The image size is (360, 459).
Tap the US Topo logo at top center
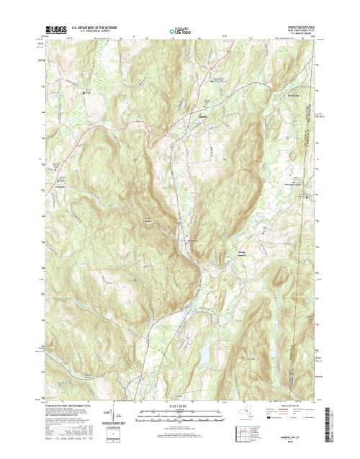[x=179, y=32]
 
